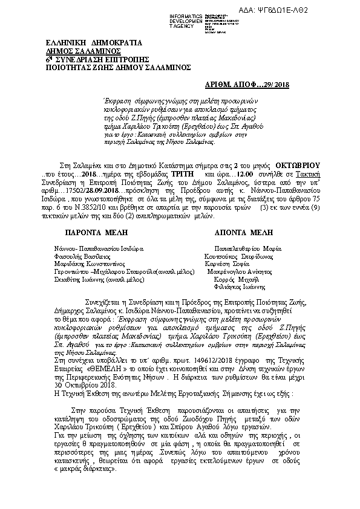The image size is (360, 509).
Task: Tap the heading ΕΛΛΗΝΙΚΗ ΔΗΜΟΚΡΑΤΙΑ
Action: point(94,43)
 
